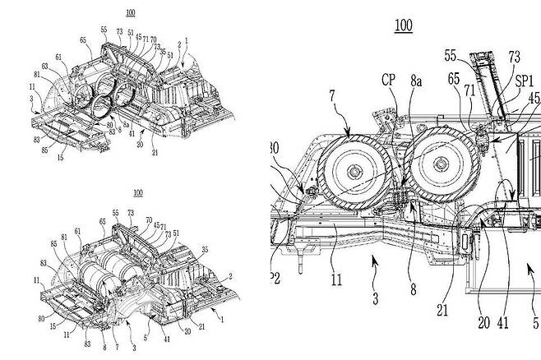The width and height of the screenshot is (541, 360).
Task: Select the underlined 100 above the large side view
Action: pyautogui.click(x=404, y=25)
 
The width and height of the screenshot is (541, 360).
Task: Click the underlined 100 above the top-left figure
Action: pyautogui.click(x=131, y=13)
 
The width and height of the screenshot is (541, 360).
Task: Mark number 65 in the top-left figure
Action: pyautogui.click(x=82, y=39)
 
